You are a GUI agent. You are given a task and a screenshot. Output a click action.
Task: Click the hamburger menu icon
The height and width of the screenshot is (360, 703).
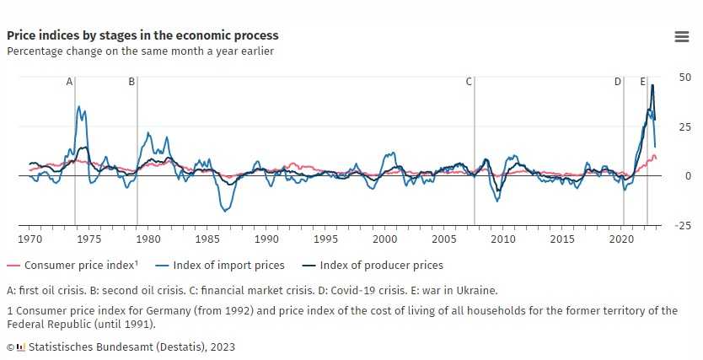[x=682, y=36]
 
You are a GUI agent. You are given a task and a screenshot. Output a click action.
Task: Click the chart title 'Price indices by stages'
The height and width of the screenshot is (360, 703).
[x=142, y=35]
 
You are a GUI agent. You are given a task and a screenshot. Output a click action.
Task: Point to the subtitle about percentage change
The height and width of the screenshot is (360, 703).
[x=140, y=51]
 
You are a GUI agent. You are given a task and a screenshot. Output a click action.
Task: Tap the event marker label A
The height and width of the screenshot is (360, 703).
[x=69, y=82]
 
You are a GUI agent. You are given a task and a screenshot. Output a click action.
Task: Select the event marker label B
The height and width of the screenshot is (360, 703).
[x=131, y=82]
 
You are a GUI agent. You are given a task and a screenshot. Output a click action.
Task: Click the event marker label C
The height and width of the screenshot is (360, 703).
[x=469, y=82]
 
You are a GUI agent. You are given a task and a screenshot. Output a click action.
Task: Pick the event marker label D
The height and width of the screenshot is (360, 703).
[x=617, y=82]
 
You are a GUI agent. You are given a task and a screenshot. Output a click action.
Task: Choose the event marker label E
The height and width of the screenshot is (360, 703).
[x=642, y=82]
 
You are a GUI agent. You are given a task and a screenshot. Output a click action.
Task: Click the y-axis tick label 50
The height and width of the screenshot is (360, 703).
[x=684, y=77]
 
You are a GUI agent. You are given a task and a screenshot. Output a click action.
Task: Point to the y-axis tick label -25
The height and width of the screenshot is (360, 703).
[x=683, y=225]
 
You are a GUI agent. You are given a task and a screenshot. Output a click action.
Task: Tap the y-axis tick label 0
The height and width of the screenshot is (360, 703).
[x=688, y=175]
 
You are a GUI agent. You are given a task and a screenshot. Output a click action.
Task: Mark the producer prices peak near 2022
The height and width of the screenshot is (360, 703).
[x=652, y=85]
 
